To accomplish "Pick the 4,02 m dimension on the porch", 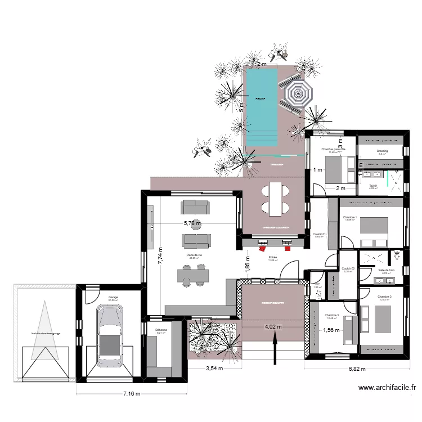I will [x=275, y=326].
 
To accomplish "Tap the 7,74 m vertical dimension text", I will [x=160, y=256].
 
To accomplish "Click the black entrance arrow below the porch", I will [x=275, y=347].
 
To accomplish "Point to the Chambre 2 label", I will [x=384, y=297].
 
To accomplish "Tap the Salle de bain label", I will [x=387, y=270].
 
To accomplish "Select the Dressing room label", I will [x=383, y=151].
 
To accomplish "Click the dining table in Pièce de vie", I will [x=193, y=275].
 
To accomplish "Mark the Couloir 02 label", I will [x=348, y=268].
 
